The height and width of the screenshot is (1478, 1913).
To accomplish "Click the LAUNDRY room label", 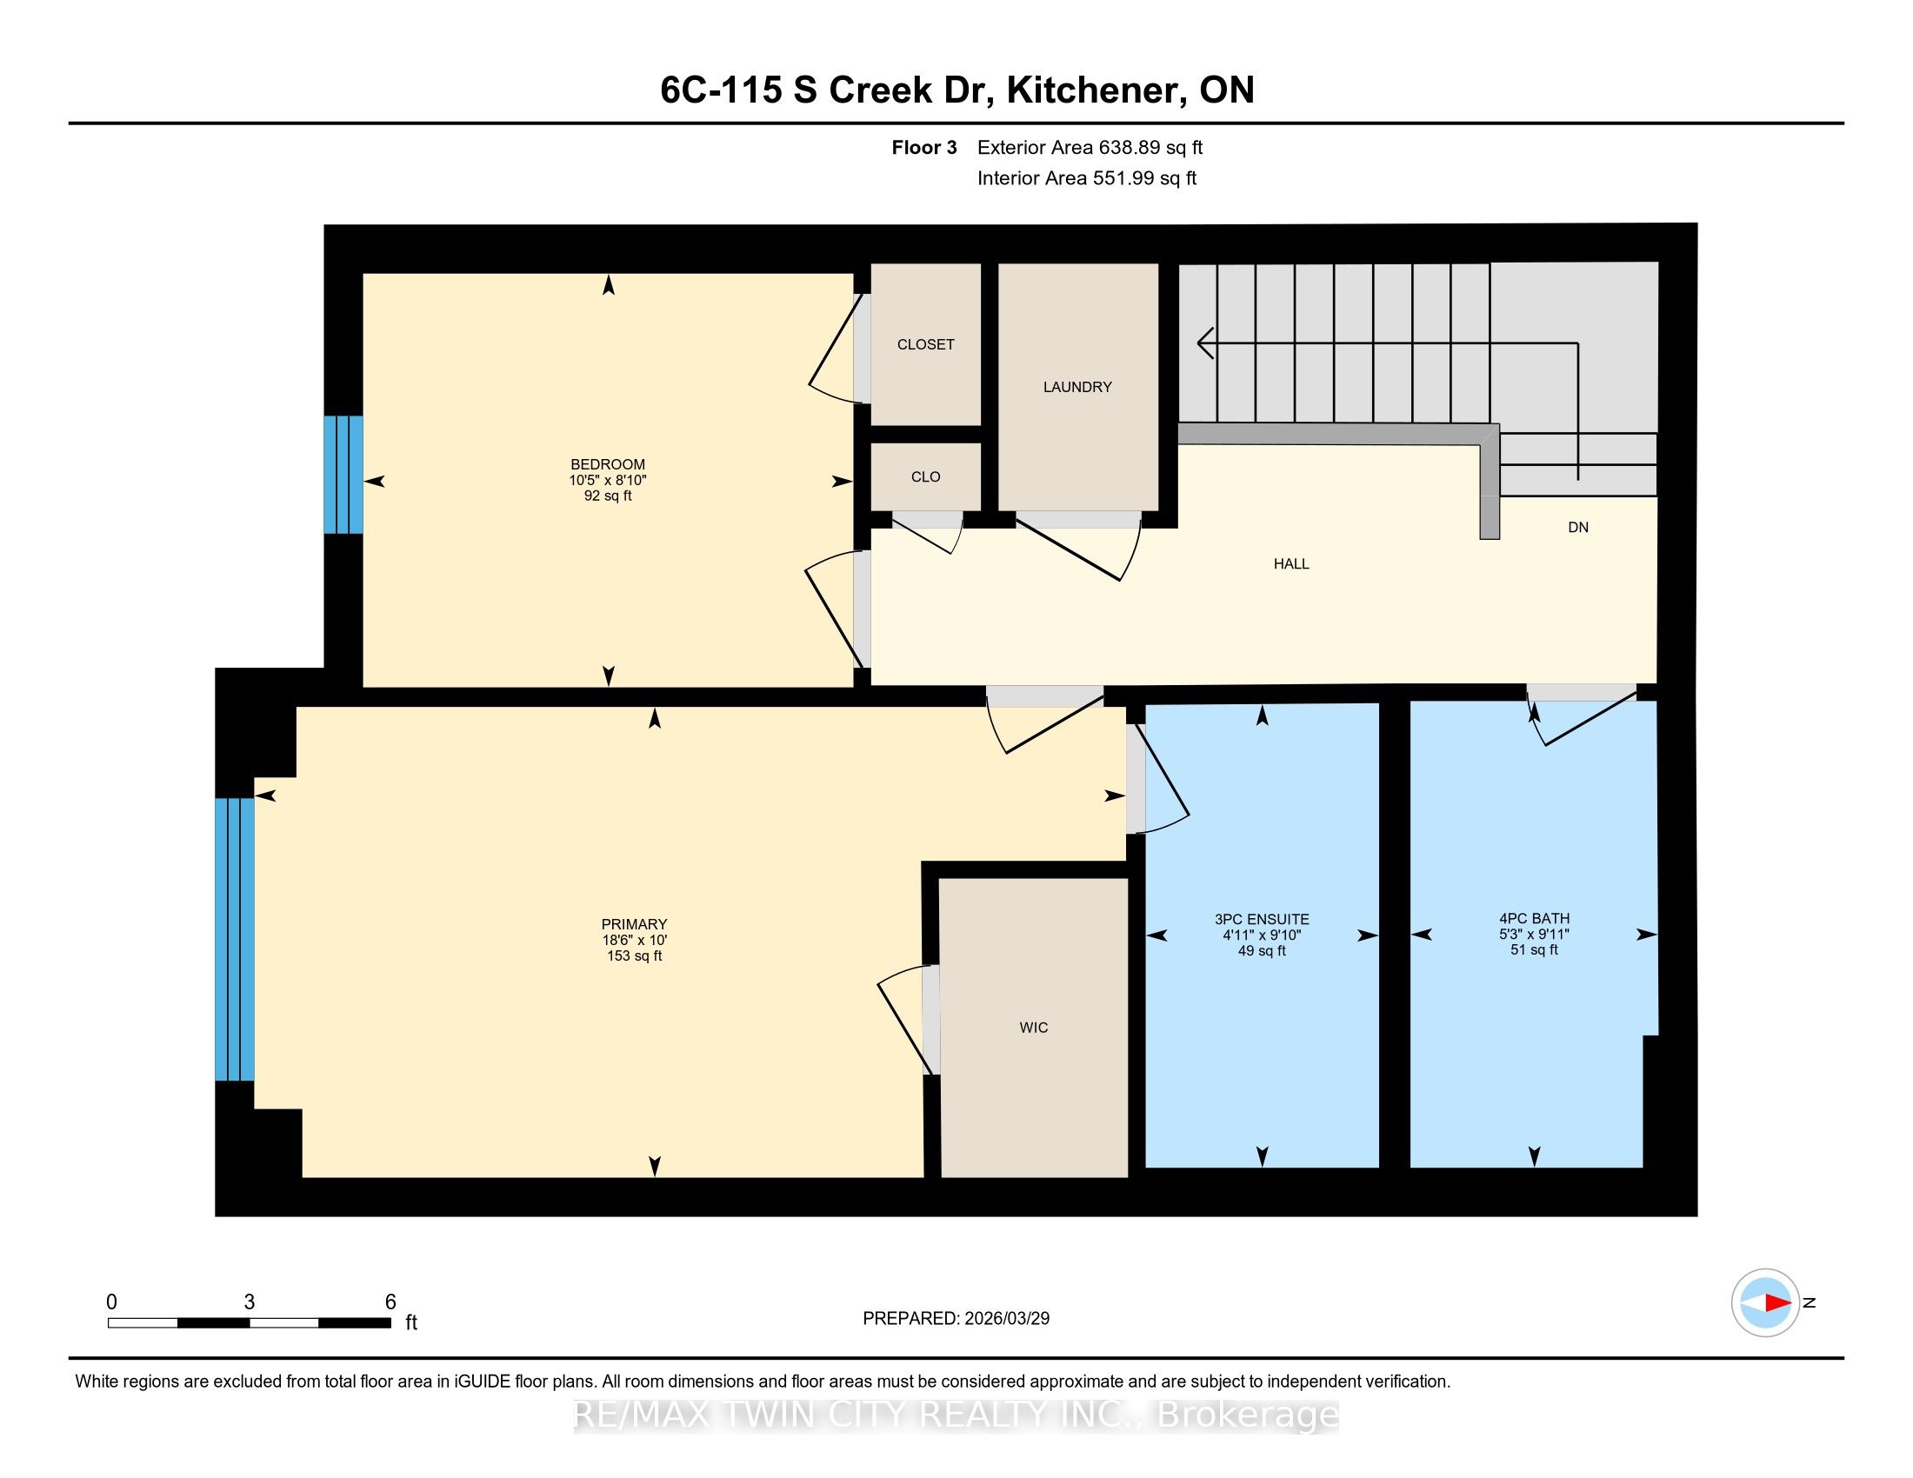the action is click(1077, 387).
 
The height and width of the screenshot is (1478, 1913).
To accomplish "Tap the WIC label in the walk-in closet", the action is click(1034, 1028).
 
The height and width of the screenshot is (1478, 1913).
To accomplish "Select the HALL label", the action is click(1291, 564).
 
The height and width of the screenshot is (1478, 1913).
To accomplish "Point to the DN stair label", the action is click(1578, 527).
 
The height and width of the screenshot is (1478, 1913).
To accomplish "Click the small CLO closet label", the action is click(926, 477).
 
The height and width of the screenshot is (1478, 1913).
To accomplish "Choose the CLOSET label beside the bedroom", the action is click(926, 345).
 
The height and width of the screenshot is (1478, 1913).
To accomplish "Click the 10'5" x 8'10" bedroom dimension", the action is click(608, 481).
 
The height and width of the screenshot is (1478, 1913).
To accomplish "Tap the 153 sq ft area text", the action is click(634, 956).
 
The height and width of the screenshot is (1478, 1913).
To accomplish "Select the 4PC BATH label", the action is click(1535, 918).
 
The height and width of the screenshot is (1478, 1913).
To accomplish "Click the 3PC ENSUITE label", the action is click(1263, 919).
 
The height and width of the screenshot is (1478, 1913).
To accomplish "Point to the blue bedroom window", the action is click(343, 475).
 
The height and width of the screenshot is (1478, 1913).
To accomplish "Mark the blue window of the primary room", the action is click(235, 940).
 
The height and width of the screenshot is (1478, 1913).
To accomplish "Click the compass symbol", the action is click(1765, 1302).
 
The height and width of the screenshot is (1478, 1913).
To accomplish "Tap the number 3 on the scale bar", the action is click(250, 1302).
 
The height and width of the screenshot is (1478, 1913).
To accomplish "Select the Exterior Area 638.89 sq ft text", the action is click(1090, 148).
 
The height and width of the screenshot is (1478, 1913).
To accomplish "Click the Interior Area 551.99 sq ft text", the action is click(1087, 178).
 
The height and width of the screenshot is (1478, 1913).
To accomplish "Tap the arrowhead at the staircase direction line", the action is click(1206, 343).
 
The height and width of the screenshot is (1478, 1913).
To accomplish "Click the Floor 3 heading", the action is click(924, 148).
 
